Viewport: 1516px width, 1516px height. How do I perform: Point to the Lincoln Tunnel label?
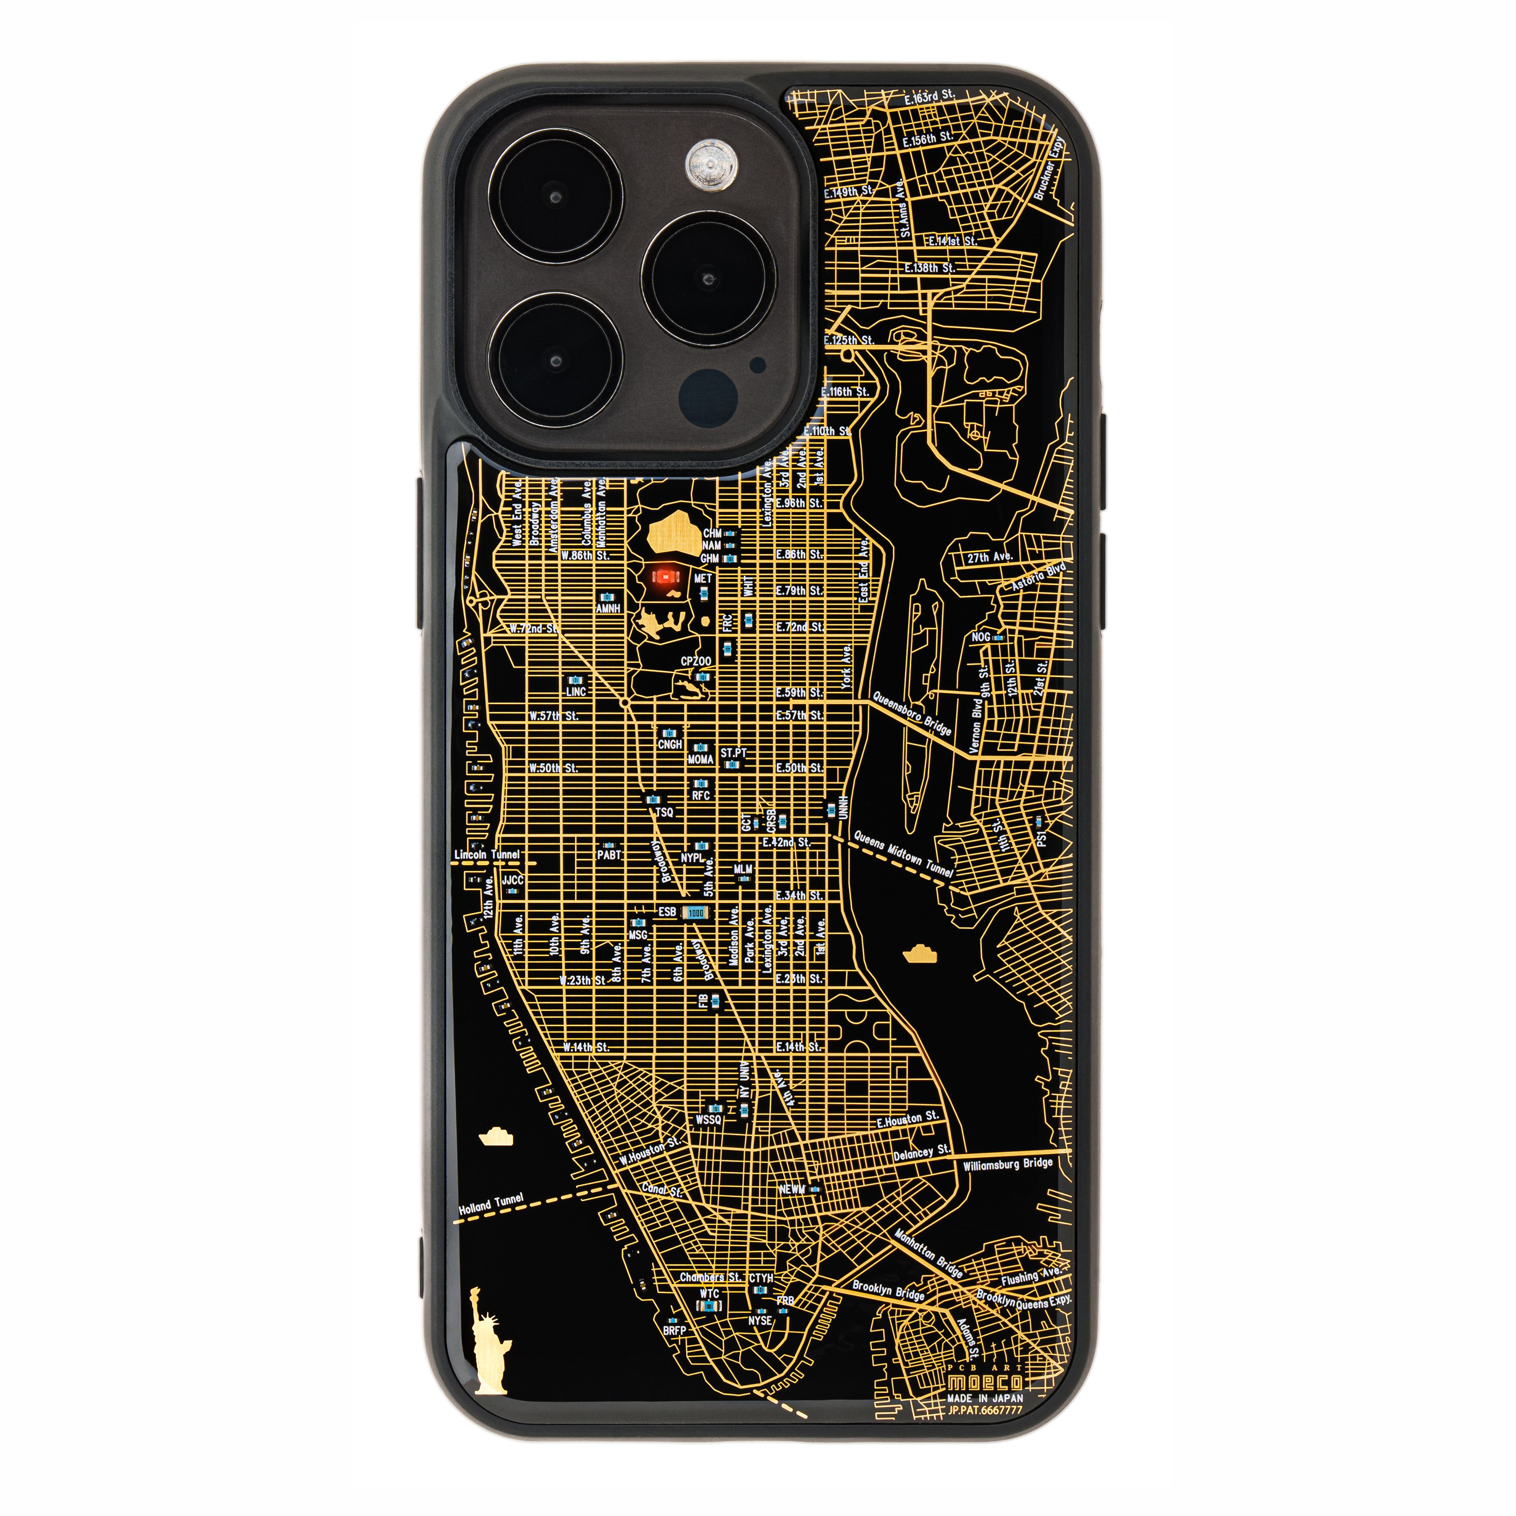[487, 854]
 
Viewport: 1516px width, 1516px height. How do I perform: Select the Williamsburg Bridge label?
[1008, 1164]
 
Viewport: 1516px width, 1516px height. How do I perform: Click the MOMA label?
[700, 759]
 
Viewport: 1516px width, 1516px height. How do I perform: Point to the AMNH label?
[608, 608]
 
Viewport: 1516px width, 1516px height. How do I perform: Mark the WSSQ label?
[708, 1120]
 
